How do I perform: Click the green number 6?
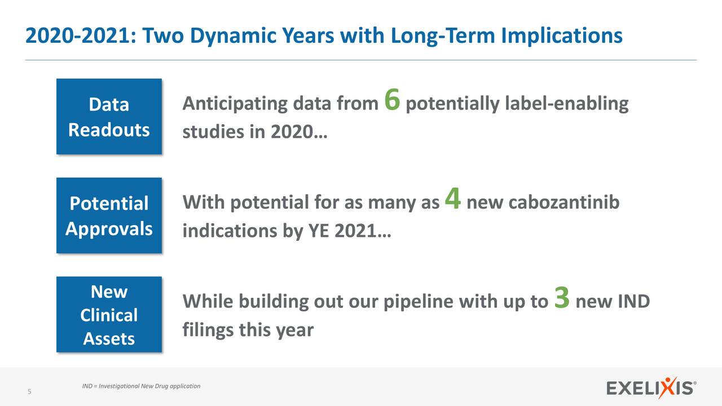point(392,99)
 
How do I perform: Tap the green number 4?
point(453,198)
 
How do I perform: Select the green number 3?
point(562,297)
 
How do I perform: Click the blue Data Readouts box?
point(109,116)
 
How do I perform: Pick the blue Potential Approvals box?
point(109,215)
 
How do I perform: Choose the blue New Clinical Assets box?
point(109,314)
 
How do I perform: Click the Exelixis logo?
point(651,387)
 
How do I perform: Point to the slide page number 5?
point(29,391)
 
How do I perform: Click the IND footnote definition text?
point(141,386)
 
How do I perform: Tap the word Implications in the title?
point(562,36)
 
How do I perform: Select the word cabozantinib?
point(563,202)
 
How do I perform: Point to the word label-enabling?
point(567,103)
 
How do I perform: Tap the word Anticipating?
point(235,103)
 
